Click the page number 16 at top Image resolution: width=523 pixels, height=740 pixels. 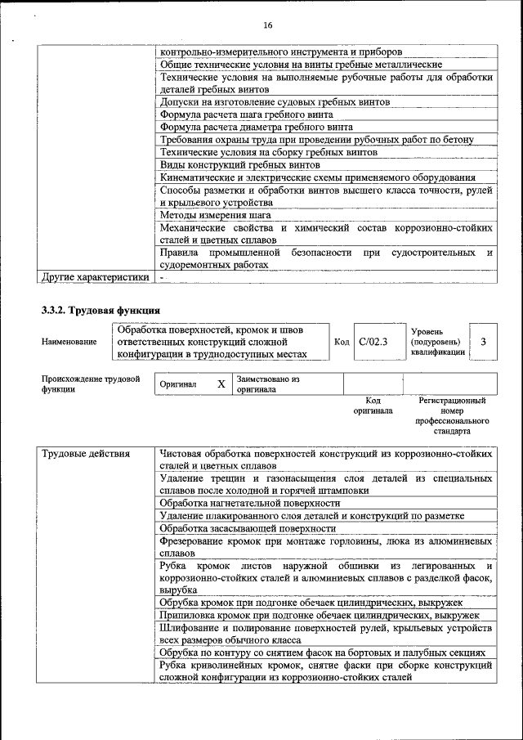[x=267, y=25]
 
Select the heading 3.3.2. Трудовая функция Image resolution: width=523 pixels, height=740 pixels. [x=101, y=311]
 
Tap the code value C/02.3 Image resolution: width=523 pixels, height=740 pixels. [x=373, y=341]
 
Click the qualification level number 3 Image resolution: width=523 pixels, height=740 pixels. [x=485, y=341]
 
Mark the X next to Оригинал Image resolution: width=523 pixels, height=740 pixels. [x=221, y=383]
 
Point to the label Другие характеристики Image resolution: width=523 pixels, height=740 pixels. [x=95, y=277]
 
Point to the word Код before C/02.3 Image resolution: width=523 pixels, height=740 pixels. [x=342, y=341]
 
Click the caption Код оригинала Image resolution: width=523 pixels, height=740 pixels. [x=373, y=406]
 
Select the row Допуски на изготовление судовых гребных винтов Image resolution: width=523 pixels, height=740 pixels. [x=275, y=102]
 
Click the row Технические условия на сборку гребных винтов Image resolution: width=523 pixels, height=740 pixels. [x=269, y=151]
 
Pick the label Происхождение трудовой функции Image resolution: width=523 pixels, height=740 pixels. [x=90, y=384]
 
